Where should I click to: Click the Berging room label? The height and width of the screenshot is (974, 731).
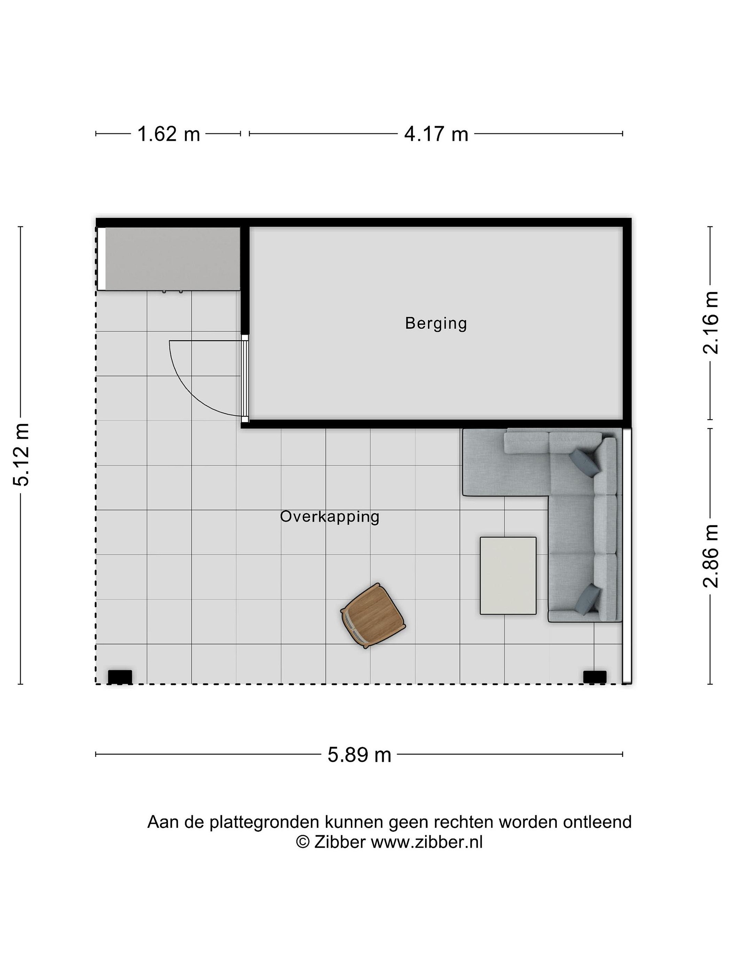click(435, 323)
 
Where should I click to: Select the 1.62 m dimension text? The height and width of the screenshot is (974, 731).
click(169, 134)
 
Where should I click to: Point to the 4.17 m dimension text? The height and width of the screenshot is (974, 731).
click(436, 134)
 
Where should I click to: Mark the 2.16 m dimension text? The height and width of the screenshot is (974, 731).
click(710, 323)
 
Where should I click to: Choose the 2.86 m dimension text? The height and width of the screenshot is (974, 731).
click(710, 556)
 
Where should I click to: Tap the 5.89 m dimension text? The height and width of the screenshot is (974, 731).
click(359, 755)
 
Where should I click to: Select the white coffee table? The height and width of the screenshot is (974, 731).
click(508, 576)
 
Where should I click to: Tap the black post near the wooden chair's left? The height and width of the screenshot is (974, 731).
click(120, 677)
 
